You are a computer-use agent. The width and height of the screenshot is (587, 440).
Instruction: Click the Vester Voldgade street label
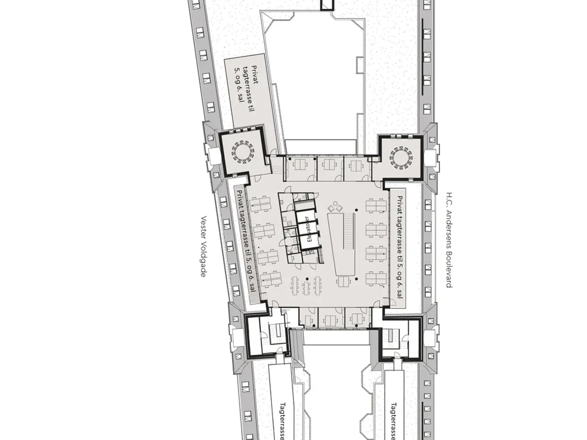(x=203, y=246)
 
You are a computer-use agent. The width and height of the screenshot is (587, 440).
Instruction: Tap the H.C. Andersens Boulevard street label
(x=449, y=240)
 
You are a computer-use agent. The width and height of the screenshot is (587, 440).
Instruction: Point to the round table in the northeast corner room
(x=401, y=158)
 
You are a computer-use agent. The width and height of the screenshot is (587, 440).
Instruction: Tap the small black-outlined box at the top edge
(x=327, y=5)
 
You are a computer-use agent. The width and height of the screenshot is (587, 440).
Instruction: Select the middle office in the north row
(x=330, y=168)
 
